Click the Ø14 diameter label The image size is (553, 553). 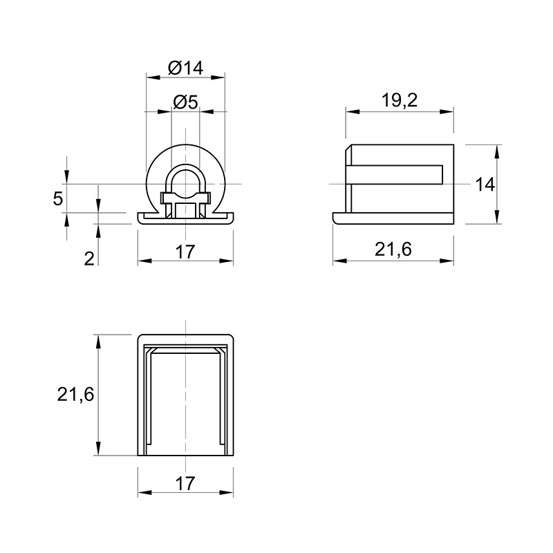click(185, 67)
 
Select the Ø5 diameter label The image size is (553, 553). click(185, 102)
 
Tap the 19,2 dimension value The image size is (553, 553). click(400, 100)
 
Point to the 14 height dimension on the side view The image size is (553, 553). click(485, 185)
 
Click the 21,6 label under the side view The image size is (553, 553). click(393, 250)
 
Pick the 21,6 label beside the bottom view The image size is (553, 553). click(75, 394)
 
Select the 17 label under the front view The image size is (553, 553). click(185, 252)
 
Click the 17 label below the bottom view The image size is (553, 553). click(185, 483)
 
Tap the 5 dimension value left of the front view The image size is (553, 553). click(57, 198)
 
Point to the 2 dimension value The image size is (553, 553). click(89, 259)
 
